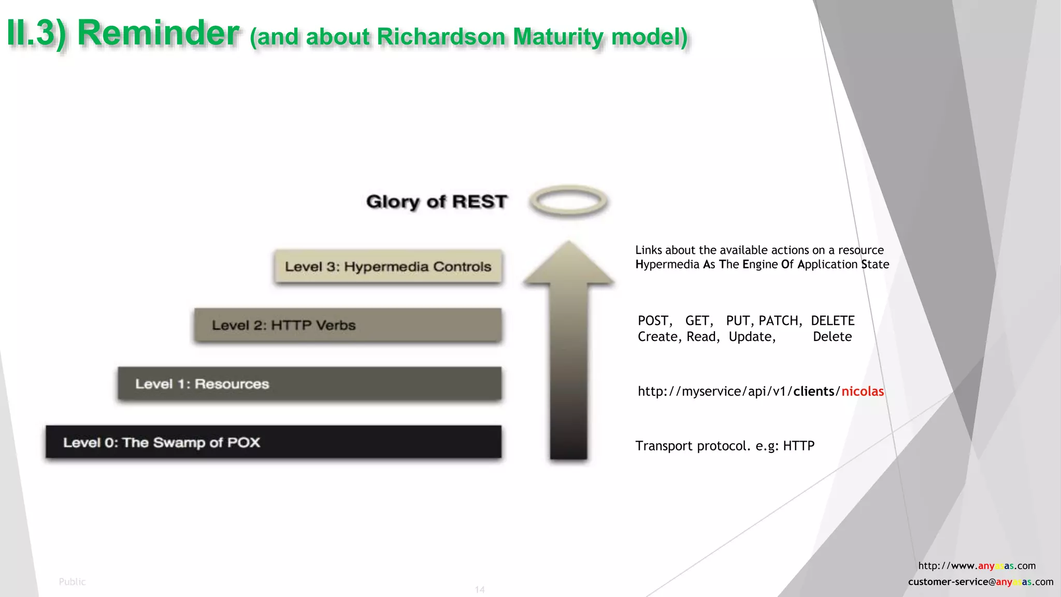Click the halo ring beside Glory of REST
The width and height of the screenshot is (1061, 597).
point(569,201)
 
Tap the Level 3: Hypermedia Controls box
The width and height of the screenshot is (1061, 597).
point(388,266)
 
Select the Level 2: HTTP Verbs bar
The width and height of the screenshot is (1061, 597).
point(348,325)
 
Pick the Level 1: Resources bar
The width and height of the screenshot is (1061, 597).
point(309,383)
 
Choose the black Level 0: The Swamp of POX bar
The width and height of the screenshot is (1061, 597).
point(273,442)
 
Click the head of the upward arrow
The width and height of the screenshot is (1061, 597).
point(569,264)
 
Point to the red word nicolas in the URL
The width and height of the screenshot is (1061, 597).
point(863,391)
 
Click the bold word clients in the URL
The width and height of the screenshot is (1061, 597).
point(814,391)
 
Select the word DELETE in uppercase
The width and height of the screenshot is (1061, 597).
point(833,321)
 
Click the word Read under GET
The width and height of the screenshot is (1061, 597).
point(701,337)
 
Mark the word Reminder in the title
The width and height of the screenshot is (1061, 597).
point(158,33)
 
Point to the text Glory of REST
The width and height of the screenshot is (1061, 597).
point(437,201)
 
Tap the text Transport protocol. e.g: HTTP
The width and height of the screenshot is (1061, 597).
point(725,446)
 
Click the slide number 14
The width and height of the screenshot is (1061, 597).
point(480,589)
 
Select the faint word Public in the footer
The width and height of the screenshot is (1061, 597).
point(72,581)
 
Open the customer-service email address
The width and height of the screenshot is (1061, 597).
point(980,581)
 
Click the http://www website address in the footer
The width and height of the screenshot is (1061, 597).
point(977,565)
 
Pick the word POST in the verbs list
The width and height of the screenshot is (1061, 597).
point(654,321)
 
